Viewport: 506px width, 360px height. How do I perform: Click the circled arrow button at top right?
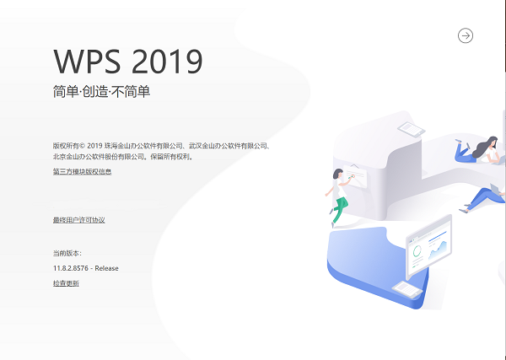(x=466, y=35)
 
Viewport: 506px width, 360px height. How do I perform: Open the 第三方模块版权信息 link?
(x=82, y=172)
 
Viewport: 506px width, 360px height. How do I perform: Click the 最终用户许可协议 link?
(x=78, y=220)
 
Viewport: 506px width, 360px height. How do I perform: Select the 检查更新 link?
(x=66, y=283)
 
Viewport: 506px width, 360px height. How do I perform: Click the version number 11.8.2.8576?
(x=70, y=268)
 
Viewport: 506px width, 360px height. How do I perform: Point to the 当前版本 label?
(x=67, y=252)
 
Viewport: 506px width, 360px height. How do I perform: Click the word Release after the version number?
(x=107, y=268)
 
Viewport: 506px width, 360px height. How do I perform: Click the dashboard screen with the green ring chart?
(x=428, y=249)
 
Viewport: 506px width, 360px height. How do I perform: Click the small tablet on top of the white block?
(x=409, y=128)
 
